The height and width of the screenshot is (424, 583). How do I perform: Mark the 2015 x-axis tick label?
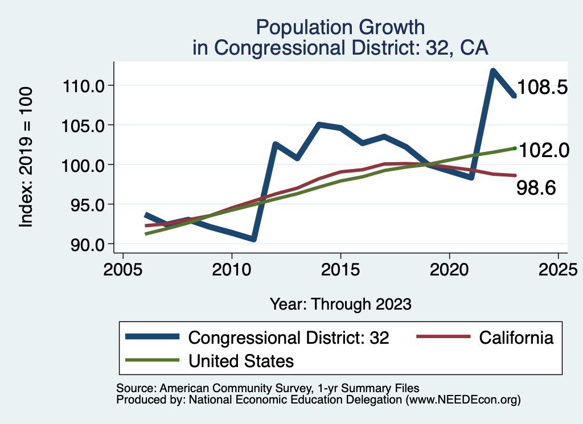[x=340, y=269]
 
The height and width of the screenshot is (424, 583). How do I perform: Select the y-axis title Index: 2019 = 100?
[x=27, y=158]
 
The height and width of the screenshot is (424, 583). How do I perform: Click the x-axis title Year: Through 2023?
[x=340, y=304]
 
